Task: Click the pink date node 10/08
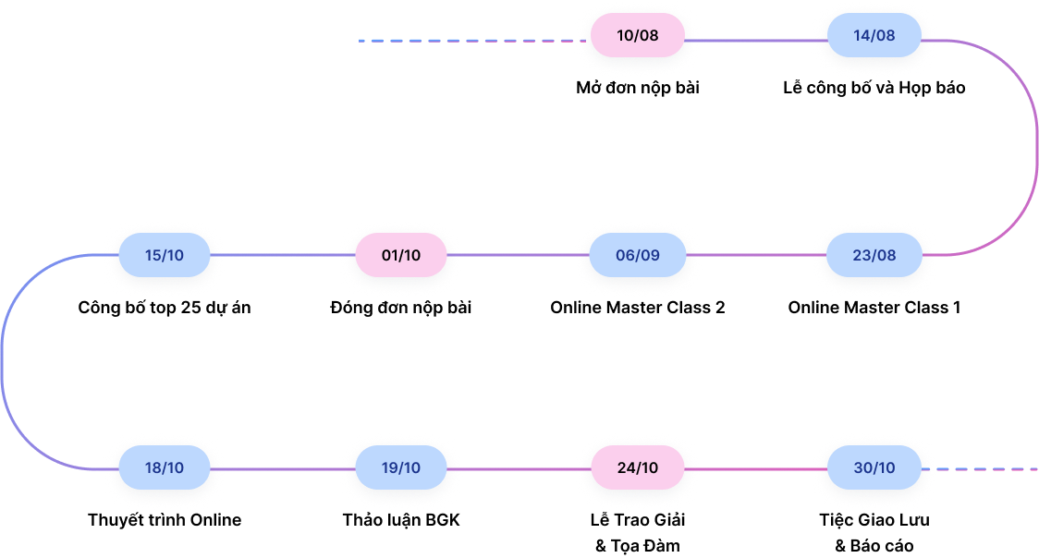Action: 638,36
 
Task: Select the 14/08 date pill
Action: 874,36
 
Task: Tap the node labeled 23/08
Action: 874,255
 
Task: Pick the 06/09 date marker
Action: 638,255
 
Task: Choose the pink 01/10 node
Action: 401,255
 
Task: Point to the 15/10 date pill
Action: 165,255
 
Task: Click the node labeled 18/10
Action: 165,467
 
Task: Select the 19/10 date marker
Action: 401,467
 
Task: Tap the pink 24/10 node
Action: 638,467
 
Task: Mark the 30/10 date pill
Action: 874,467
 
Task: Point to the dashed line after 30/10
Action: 984,469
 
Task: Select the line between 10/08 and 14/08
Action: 756,41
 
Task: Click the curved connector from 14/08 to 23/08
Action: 1036,148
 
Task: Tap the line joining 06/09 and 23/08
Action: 756,255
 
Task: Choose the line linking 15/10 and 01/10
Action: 283,255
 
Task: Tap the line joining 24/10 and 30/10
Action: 756,469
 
